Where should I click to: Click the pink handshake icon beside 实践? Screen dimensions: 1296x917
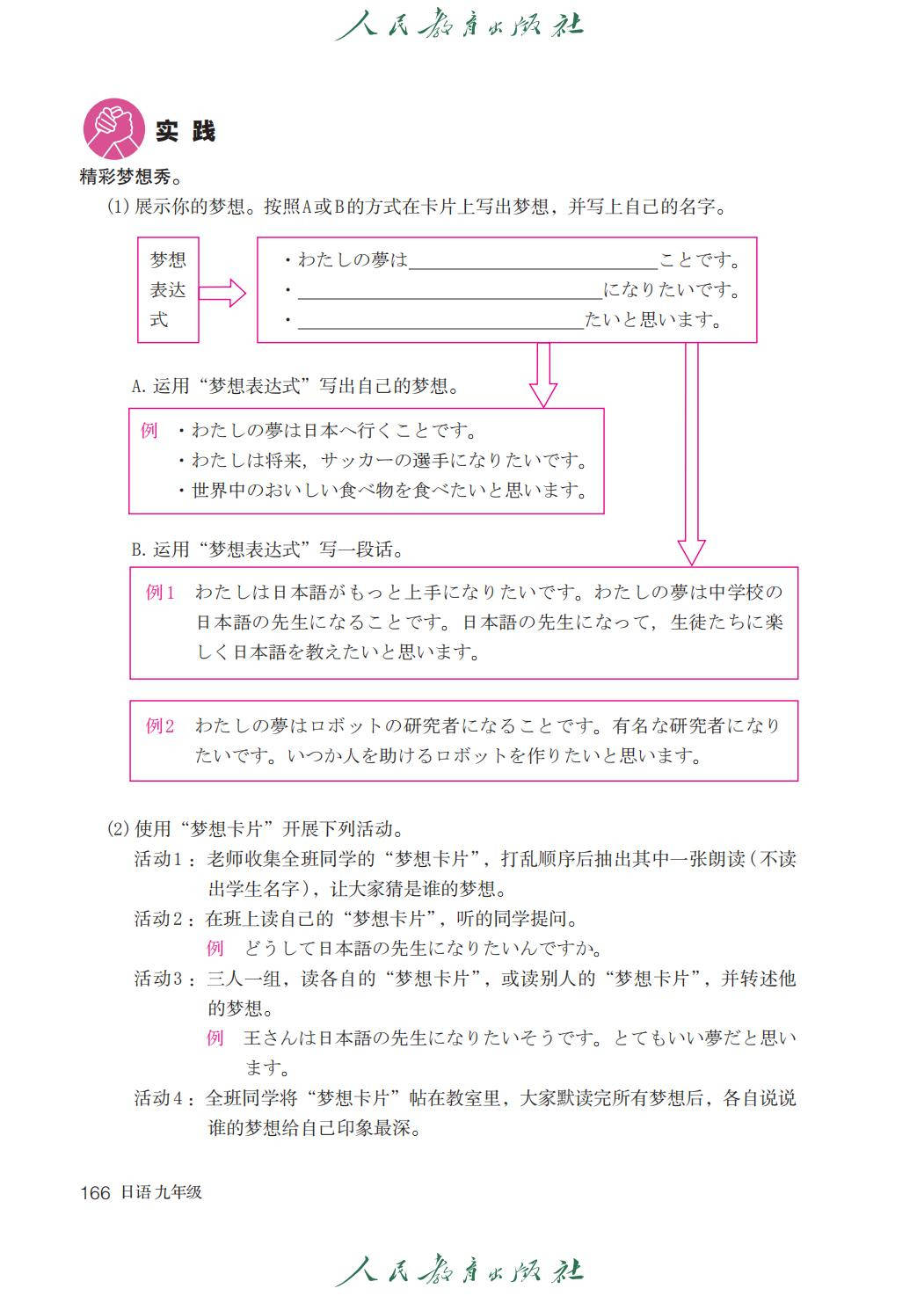pyautogui.click(x=114, y=129)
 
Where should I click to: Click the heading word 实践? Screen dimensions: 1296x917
pyautogui.click(x=186, y=132)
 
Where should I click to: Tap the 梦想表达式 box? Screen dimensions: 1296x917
pyautogui.click(x=168, y=289)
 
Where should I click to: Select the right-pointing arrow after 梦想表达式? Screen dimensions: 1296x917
pyautogui.click(x=222, y=292)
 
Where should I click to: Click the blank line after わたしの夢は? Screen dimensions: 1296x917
pyautogui.click(x=533, y=262)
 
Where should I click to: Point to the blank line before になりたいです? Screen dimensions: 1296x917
pyautogui.click(x=449, y=292)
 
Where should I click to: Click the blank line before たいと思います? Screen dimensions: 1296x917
pyautogui.click(x=440, y=322)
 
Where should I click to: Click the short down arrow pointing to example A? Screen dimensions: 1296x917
pyautogui.click(x=543, y=375)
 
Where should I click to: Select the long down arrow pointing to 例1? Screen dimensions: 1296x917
pyautogui.click(x=692, y=453)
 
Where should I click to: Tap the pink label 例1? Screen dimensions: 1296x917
pyautogui.click(x=161, y=593)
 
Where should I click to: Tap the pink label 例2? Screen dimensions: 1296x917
pyautogui.click(x=161, y=726)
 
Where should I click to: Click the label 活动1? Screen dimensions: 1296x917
pyautogui.click(x=159, y=859)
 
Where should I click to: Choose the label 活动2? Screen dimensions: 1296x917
pyautogui.click(x=159, y=919)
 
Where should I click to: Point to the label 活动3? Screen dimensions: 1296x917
pyautogui.click(x=159, y=979)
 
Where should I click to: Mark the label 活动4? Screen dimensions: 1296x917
pyautogui.click(x=159, y=1098)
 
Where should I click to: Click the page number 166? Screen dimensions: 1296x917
pyautogui.click(x=95, y=1193)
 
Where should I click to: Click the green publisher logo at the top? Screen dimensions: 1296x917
pyautogui.click(x=459, y=25)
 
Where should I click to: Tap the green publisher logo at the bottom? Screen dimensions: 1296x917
pyautogui.click(x=459, y=1271)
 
